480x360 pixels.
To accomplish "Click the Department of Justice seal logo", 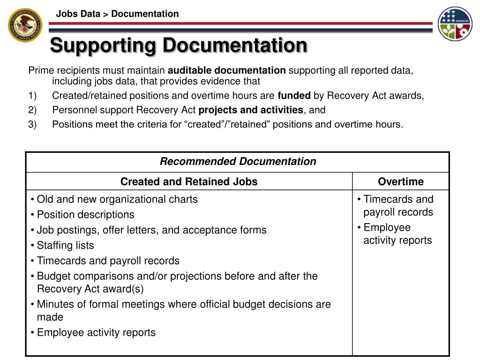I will (25, 24).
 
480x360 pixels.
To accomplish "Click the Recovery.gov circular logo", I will (455, 23).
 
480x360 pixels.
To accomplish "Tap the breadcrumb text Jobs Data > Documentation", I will (117, 14).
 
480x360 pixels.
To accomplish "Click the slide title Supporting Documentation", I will (179, 45).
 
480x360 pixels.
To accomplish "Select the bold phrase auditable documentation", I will (227, 71).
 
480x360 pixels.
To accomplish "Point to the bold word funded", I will (294, 96).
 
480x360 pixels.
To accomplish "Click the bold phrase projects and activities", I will (251, 110).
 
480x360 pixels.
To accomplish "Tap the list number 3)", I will (32, 124).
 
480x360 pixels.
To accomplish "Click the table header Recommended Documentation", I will (238, 162).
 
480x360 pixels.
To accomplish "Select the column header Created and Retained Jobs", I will (189, 182).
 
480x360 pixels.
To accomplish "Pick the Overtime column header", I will (401, 182).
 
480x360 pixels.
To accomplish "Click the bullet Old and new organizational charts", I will (117, 199).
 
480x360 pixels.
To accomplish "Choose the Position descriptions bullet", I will (85, 215).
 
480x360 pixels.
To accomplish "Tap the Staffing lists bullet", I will (65, 246).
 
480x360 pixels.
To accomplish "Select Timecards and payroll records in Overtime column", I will (398, 205).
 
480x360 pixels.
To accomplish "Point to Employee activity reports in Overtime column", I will (397, 234).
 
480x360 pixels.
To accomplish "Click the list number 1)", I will (32, 96).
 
